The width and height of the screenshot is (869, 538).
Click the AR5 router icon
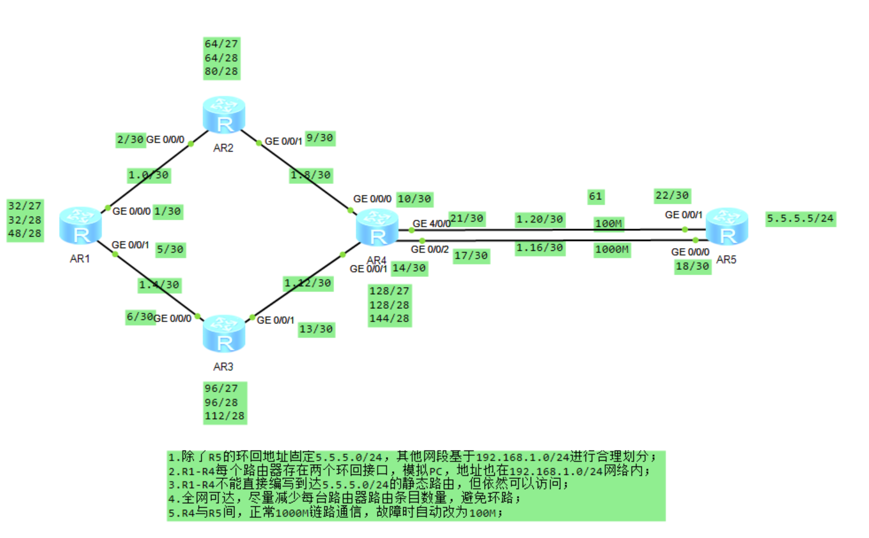(727, 226)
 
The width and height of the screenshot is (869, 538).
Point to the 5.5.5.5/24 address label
(800, 219)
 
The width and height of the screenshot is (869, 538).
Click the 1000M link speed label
(612, 249)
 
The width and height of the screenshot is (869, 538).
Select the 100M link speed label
(608, 223)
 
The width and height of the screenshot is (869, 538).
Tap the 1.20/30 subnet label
(540, 220)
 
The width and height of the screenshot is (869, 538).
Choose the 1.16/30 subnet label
(540, 247)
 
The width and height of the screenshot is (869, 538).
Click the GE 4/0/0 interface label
(432, 224)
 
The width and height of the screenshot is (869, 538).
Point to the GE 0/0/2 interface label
(430, 249)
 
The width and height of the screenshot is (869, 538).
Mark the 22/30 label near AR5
(672, 195)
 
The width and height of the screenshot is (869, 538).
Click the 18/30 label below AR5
(692, 266)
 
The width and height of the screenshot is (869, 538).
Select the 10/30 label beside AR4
(414, 199)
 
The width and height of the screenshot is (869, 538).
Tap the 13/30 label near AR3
(316, 329)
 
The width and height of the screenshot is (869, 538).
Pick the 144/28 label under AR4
(389, 318)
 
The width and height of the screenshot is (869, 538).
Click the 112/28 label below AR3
(224, 416)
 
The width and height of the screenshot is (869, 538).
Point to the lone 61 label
(595, 196)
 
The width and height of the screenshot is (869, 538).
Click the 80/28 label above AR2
(221, 71)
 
